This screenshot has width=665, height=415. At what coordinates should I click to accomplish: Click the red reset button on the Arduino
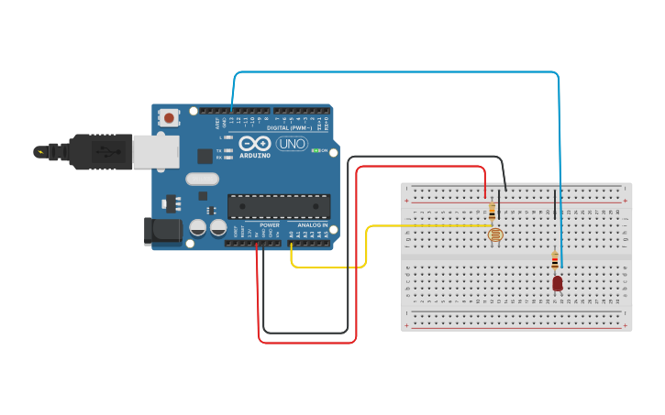[x=170, y=117]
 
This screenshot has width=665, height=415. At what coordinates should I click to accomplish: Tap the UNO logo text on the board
[x=292, y=144]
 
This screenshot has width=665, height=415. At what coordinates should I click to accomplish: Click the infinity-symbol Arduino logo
[x=255, y=144]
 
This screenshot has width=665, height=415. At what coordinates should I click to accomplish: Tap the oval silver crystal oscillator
[x=203, y=180]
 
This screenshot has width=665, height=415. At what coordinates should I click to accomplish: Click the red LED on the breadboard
[x=558, y=284]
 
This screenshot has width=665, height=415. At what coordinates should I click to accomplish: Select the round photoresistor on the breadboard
[x=495, y=235]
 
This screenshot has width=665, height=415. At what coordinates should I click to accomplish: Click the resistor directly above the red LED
[x=555, y=260]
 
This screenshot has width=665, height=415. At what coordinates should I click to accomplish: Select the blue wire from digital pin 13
[x=394, y=72]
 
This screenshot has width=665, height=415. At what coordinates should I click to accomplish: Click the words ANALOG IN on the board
[x=311, y=224]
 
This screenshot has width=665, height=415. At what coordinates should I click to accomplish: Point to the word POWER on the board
[x=269, y=224]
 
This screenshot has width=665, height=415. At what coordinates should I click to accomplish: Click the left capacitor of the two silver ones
[x=198, y=227]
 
